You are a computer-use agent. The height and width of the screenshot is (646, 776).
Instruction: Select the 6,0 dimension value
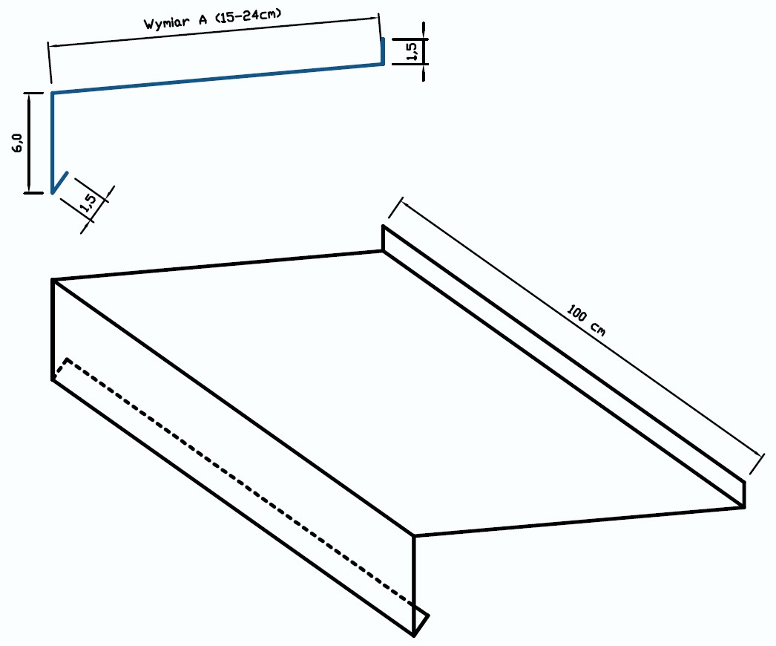[x=17, y=143]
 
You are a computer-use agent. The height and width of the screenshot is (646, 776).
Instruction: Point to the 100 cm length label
[x=586, y=321]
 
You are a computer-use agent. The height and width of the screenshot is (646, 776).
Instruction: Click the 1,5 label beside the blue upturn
[x=411, y=51]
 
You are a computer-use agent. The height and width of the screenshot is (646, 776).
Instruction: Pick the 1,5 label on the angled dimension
[x=88, y=203]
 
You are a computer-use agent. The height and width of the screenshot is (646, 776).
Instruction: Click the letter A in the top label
[x=203, y=20]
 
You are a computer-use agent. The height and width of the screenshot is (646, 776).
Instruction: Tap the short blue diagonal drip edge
[x=59, y=183]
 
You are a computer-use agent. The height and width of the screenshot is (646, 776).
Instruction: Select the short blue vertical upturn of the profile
[x=383, y=50]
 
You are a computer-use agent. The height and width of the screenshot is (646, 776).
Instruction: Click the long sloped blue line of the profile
[x=217, y=78]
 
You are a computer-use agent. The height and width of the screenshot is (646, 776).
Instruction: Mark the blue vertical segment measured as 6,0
[x=52, y=142]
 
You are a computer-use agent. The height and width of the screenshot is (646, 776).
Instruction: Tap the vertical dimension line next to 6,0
[x=29, y=142]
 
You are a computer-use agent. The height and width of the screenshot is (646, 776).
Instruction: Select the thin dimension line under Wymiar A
[x=214, y=32]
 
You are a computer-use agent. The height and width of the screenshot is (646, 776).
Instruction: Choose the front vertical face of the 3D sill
[x=233, y=456]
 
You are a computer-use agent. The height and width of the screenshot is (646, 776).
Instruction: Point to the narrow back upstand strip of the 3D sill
[x=564, y=367]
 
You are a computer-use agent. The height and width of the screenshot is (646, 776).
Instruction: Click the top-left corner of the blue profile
[x=53, y=93]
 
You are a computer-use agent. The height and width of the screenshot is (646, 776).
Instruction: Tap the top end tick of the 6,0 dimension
[x=33, y=93]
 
